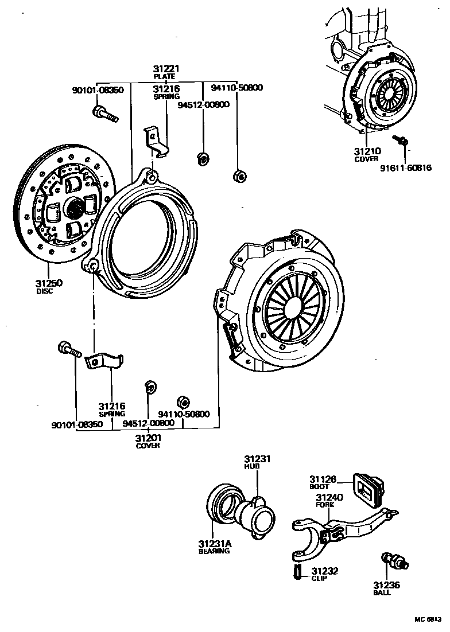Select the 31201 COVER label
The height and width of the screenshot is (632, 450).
(x=148, y=441)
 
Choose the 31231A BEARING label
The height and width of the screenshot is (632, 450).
(x=214, y=547)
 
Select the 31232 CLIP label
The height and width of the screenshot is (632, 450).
(x=324, y=574)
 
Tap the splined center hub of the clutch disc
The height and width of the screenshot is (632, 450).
(x=75, y=207)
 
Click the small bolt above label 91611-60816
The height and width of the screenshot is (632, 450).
(x=399, y=139)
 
